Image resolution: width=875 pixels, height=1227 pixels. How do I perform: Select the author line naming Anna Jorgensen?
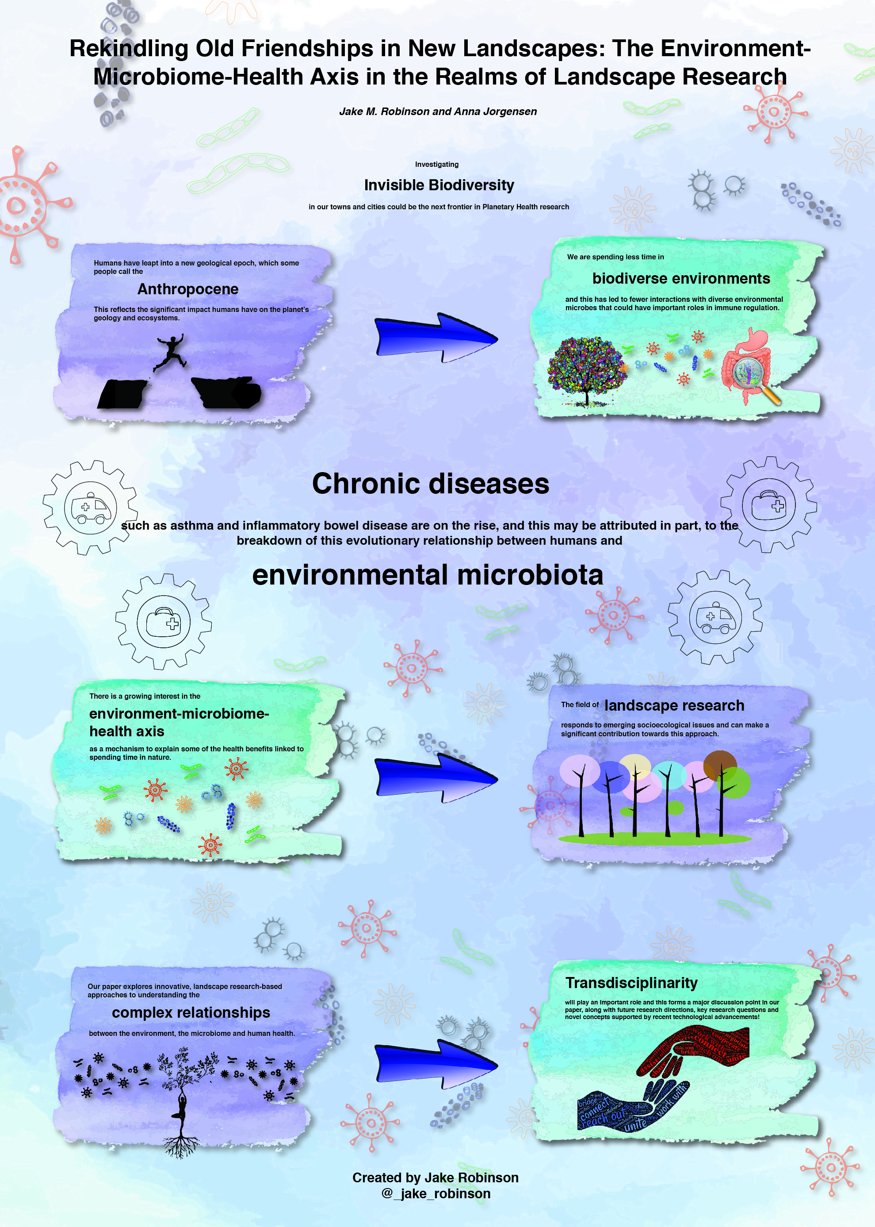click(x=438, y=112)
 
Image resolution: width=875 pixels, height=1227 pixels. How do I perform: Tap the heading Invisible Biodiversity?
click(x=439, y=185)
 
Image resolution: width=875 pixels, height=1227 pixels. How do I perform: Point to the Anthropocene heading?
click(x=187, y=289)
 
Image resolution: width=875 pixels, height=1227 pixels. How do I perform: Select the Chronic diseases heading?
click(x=431, y=484)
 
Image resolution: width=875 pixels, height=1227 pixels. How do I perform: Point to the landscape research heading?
click(x=673, y=705)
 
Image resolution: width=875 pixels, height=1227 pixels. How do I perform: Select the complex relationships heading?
click(x=191, y=1012)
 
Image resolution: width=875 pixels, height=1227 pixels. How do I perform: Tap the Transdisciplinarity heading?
click(x=631, y=983)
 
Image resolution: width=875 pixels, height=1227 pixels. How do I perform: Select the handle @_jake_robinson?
click(x=436, y=1193)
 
